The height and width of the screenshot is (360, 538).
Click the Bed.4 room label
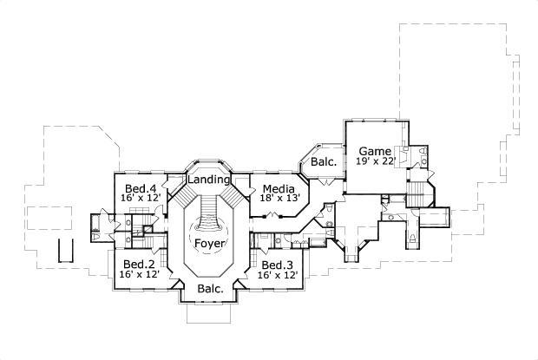pos(140,188)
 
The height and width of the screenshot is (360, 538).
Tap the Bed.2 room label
pos(139,264)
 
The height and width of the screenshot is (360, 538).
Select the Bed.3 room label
pos(279,264)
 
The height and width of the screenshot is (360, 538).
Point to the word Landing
pos(208,180)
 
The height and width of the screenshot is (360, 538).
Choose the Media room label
pos(278,188)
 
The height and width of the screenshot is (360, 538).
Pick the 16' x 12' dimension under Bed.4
pos(140,199)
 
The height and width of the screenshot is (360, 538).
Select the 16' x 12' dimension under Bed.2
pos(139,274)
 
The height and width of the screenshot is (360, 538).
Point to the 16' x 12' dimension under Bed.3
pos(279,274)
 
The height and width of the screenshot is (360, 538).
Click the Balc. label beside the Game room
pos(324,161)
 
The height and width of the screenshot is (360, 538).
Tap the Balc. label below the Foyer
pos(210,288)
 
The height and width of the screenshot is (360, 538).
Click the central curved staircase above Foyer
pos(208,213)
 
